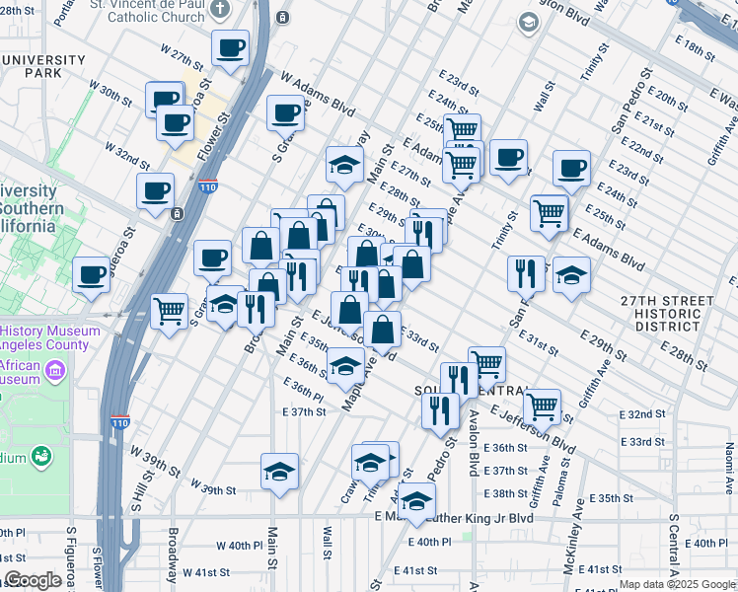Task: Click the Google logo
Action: point(33,580)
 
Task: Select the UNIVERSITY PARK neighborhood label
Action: point(43,67)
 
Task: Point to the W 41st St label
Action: point(206,572)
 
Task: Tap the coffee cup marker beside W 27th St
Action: point(230,49)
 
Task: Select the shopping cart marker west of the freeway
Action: point(170,313)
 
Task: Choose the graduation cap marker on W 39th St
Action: point(279,472)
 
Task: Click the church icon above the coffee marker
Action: point(219,8)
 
